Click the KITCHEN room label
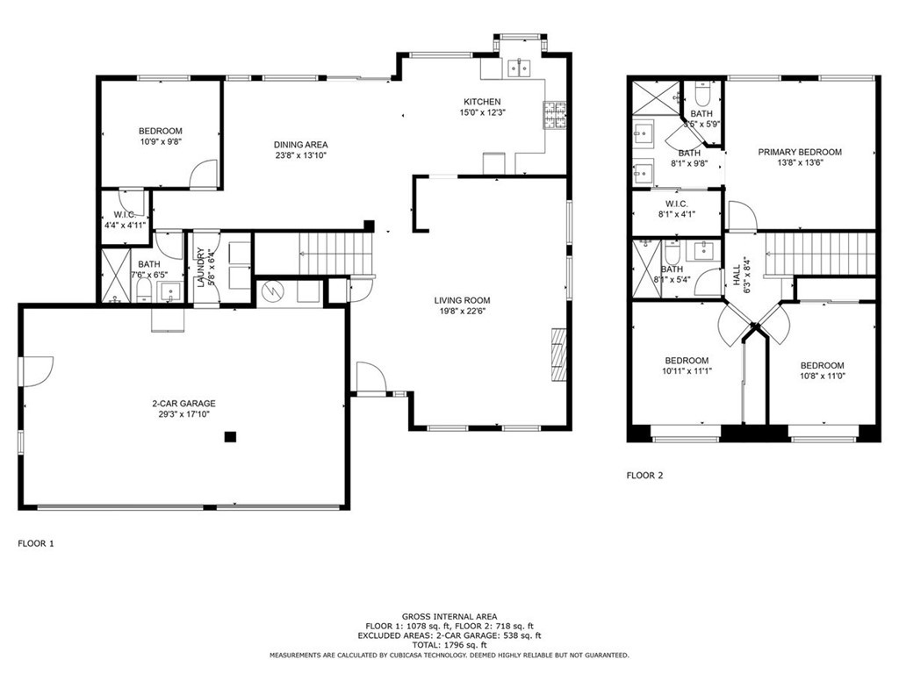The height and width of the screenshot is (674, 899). click(x=483, y=102)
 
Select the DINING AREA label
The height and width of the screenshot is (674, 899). click(x=300, y=145)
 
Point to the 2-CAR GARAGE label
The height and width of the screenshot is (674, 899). click(x=183, y=404)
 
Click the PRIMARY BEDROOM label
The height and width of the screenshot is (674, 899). click(x=800, y=152)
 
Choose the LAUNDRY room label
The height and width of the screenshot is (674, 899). click(x=201, y=269)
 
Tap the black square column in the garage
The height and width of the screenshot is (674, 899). click(x=230, y=436)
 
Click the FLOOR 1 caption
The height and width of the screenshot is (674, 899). click(x=36, y=544)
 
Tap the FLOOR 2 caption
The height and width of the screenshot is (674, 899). click(x=644, y=476)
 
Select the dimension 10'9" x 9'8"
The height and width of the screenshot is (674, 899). click(x=160, y=142)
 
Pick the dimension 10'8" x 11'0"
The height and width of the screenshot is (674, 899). click(x=822, y=376)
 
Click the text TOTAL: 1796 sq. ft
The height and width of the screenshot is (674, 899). click(x=449, y=645)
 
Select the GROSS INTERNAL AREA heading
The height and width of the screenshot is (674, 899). click(x=449, y=617)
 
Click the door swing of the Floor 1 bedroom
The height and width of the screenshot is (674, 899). click(x=205, y=173)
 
